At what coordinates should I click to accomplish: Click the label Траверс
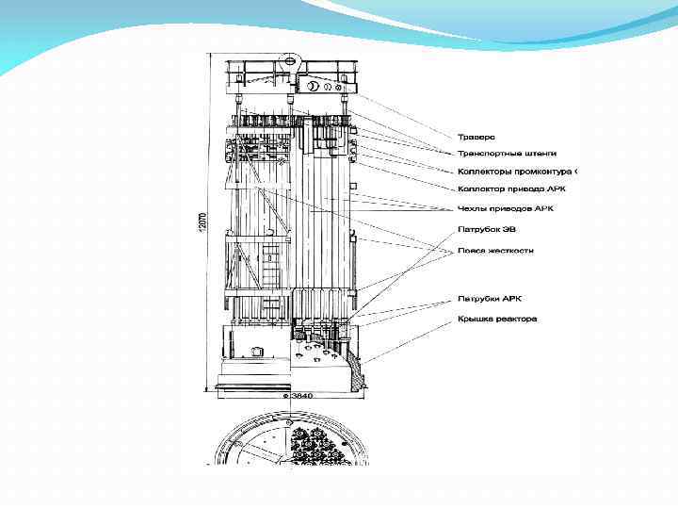(x=476, y=139)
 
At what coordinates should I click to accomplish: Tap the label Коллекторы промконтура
(x=516, y=172)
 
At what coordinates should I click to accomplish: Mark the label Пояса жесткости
(x=495, y=251)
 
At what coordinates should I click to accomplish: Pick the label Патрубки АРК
(x=490, y=299)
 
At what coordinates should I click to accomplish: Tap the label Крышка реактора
(x=496, y=319)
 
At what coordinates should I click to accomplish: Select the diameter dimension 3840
(x=301, y=397)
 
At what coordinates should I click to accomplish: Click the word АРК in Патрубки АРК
(x=511, y=299)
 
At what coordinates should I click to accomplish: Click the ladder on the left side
(x=271, y=269)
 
